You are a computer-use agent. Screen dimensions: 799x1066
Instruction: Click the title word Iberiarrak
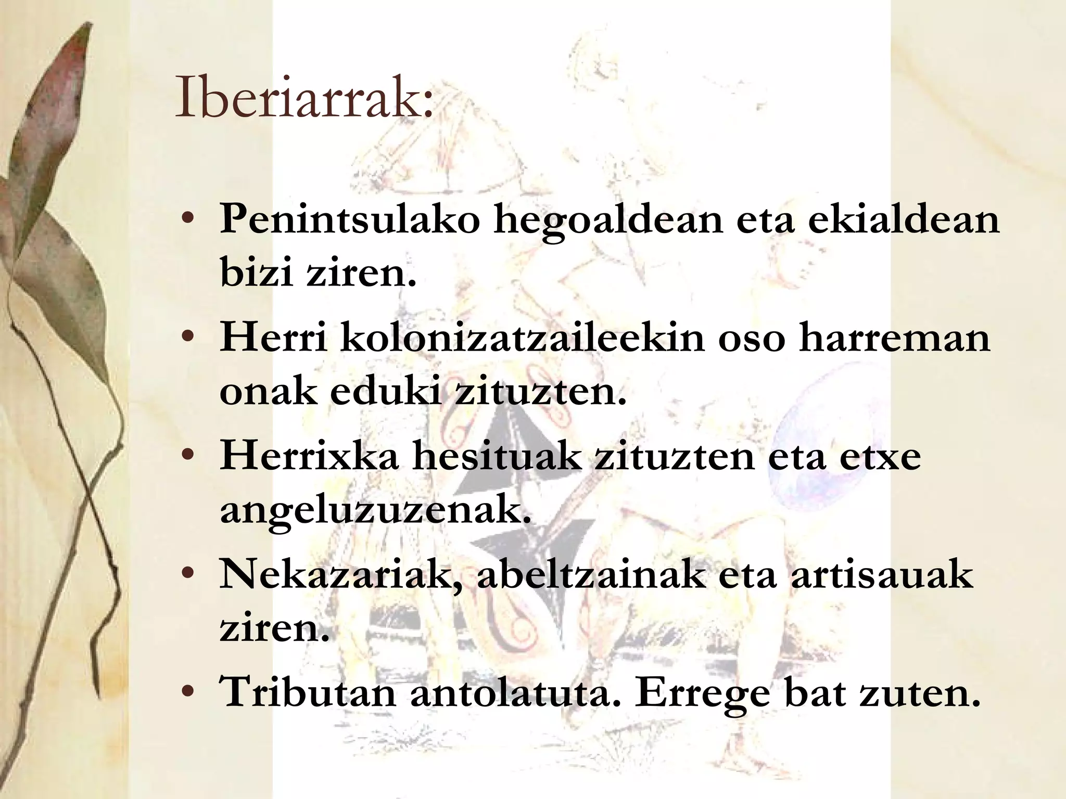coord(303,98)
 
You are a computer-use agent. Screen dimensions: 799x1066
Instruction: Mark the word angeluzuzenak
coord(374,511)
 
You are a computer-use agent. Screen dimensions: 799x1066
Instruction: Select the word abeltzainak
coord(590,574)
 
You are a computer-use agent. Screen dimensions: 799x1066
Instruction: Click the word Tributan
coord(309,692)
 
